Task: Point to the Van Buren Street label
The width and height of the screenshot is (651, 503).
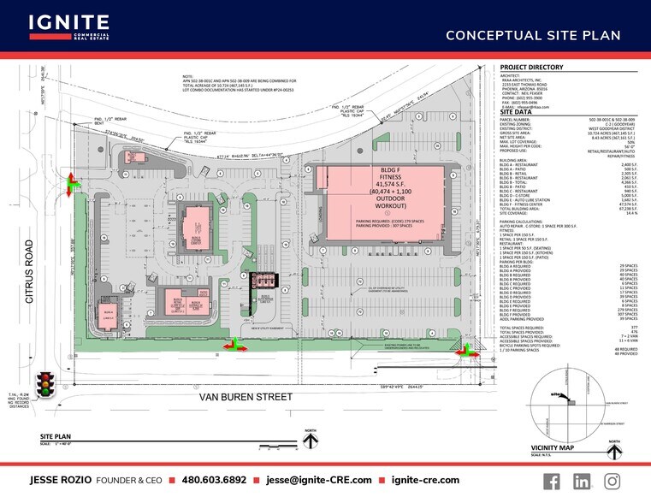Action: point(246,397)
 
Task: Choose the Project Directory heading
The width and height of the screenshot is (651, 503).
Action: point(531,67)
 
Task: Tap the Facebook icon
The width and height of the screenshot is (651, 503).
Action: point(552,481)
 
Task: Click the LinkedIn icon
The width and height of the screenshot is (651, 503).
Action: point(582,481)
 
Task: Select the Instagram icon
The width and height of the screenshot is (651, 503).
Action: point(612,481)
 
